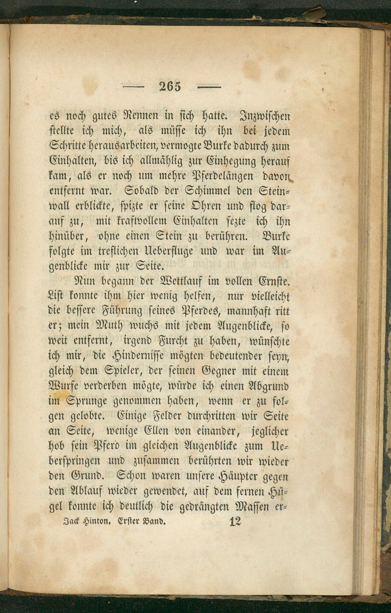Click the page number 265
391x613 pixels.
[170, 86]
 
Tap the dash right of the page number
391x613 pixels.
[209, 86]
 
